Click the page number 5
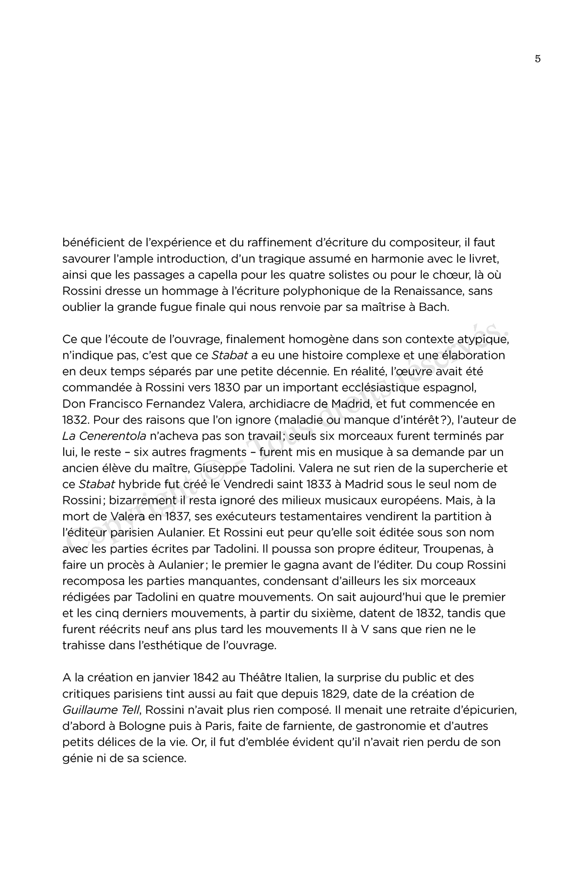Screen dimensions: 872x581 pyautogui.click(x=537, y=59)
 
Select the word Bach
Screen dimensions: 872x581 pyautogui.click(x=433, y=307)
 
